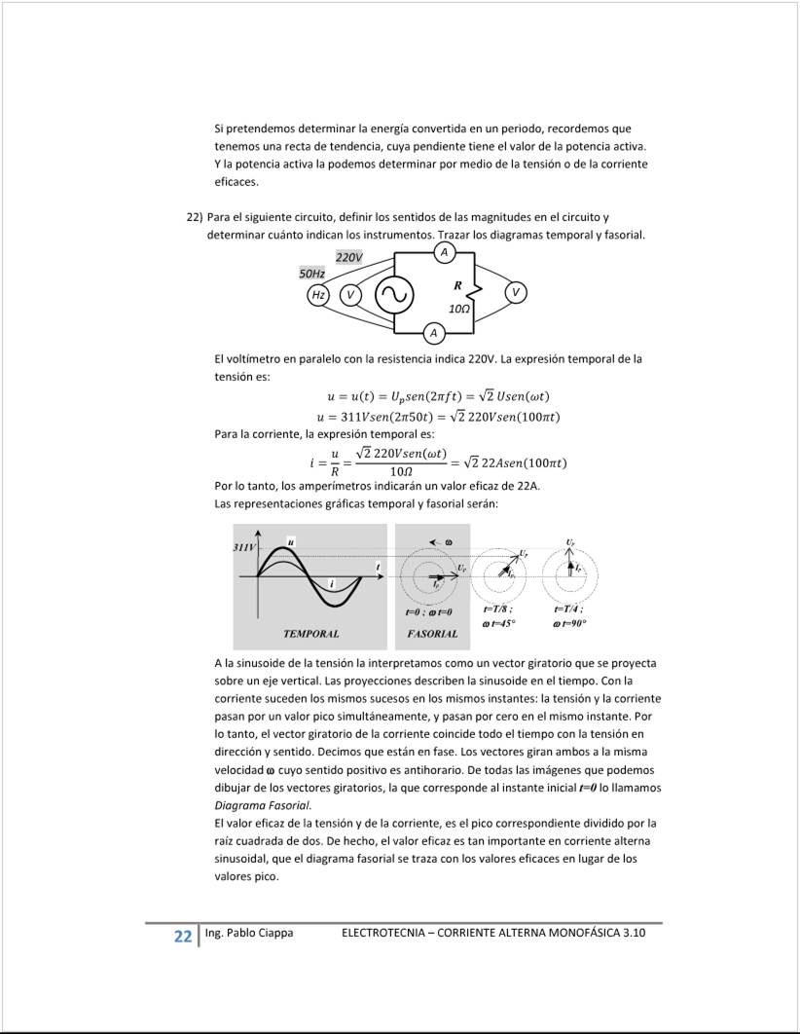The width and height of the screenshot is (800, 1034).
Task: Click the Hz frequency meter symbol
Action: (x=317, y=294)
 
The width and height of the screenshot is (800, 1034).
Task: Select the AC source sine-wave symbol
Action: (x=394, y=294)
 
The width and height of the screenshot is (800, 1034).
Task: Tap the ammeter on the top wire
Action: (x=444, y=252)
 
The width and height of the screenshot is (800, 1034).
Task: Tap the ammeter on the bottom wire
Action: (x=434, y=334)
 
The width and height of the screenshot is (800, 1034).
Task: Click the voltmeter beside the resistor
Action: (x=516, y=293)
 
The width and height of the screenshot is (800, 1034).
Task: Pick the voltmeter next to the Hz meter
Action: (x=351, y=294)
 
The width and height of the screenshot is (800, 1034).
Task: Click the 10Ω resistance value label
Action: (x=459, y=308)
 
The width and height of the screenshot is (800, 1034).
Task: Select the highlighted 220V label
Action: (x=349, y=257)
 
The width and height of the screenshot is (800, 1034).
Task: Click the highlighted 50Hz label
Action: (x=311, y=275)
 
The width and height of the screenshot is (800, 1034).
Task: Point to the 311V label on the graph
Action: (x=243, y=548)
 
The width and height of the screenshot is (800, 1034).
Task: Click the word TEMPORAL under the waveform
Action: (x=310, y=634)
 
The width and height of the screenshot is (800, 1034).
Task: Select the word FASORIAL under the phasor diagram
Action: (x=432, y=634)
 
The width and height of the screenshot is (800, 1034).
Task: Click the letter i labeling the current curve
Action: (x=332, y=583)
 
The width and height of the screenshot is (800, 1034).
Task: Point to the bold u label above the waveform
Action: (x=290, y=540)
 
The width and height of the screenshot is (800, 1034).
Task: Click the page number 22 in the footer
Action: (x=182, y=937)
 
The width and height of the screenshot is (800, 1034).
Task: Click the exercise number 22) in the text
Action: (x=194, y=216)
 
